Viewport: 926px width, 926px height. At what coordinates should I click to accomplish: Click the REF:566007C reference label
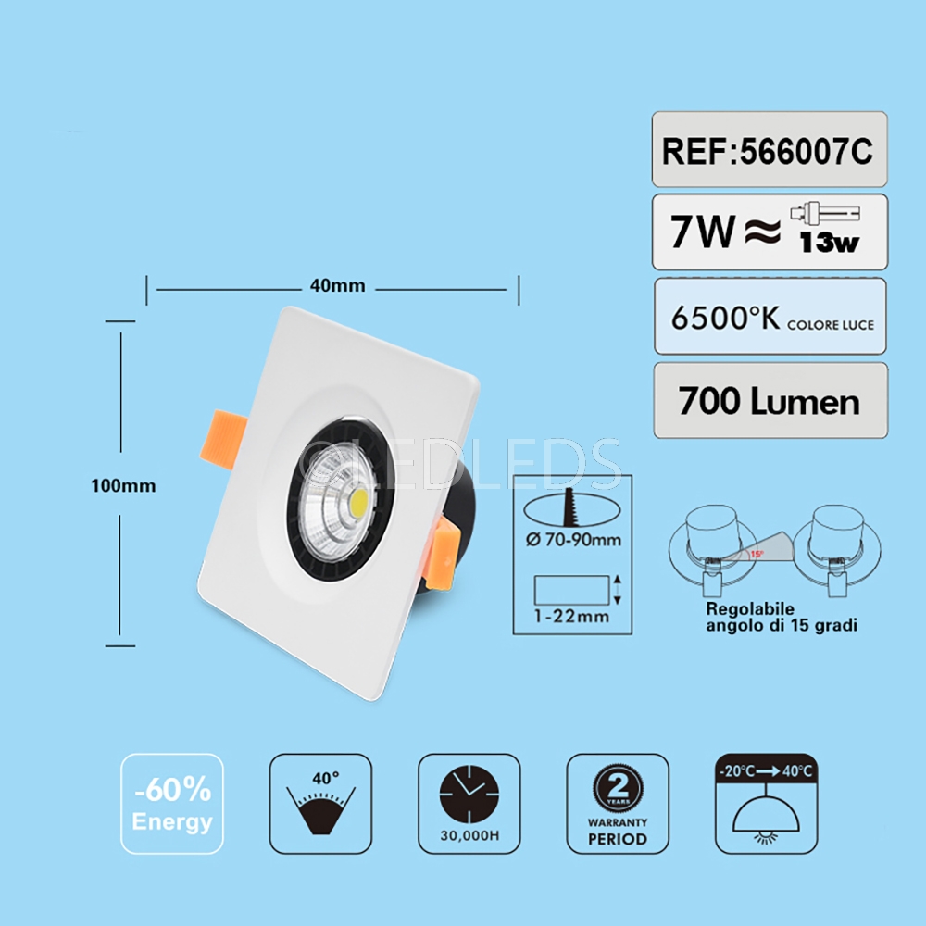(x=769, y=151)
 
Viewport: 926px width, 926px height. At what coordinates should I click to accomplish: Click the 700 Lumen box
(x=769, y=401)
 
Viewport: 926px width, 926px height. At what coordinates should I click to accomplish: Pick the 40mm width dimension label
(x=337, y=286)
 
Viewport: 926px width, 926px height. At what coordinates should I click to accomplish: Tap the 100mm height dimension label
(x=123, y=485)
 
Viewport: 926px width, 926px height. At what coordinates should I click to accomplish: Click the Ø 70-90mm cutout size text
(x=573, y=540)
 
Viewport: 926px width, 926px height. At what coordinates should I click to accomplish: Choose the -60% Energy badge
(x=171, y=804)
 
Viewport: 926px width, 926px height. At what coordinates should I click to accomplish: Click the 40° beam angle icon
(x=320, y=804)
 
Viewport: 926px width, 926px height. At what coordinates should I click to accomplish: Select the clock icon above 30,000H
(x=469, y=795)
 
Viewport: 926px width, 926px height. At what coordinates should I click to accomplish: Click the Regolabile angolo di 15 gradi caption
(x=782, y=618)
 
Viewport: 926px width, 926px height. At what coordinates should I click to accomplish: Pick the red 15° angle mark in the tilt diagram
(x=757, y=554)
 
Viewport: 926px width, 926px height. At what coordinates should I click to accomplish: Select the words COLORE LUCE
(x=830, y=325)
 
